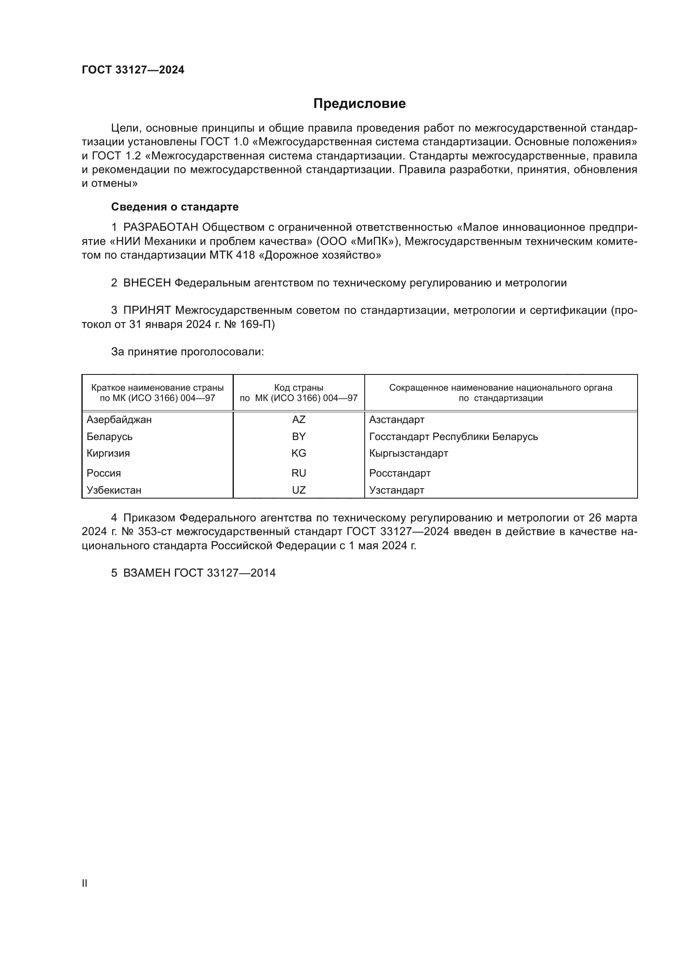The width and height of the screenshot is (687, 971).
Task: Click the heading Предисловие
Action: (359, 104)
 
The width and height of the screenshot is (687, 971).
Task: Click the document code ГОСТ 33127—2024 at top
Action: (133, 70)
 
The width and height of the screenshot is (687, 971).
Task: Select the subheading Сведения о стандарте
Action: (175, 207)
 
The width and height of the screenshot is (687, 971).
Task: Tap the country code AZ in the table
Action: (299, 420)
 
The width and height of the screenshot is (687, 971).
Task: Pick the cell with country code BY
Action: (299, 436)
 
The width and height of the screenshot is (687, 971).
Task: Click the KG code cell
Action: (299, 453)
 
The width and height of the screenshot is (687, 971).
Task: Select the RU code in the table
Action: (299, 473)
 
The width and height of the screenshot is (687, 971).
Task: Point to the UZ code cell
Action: (299, 490)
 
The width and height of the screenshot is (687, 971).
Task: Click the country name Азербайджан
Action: (119, 420)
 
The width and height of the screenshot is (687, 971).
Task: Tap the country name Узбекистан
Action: (114, 490)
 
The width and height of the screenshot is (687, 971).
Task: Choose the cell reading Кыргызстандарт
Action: (408, 453)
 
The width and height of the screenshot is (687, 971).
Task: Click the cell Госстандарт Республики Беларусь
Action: (453, 436)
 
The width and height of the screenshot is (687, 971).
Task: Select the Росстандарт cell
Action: (400, 473)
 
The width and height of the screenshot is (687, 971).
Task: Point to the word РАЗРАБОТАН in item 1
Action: (161, 227)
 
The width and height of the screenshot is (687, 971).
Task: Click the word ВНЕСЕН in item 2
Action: (147, 283)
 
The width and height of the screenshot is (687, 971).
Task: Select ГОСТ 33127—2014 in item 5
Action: (225, 573)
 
